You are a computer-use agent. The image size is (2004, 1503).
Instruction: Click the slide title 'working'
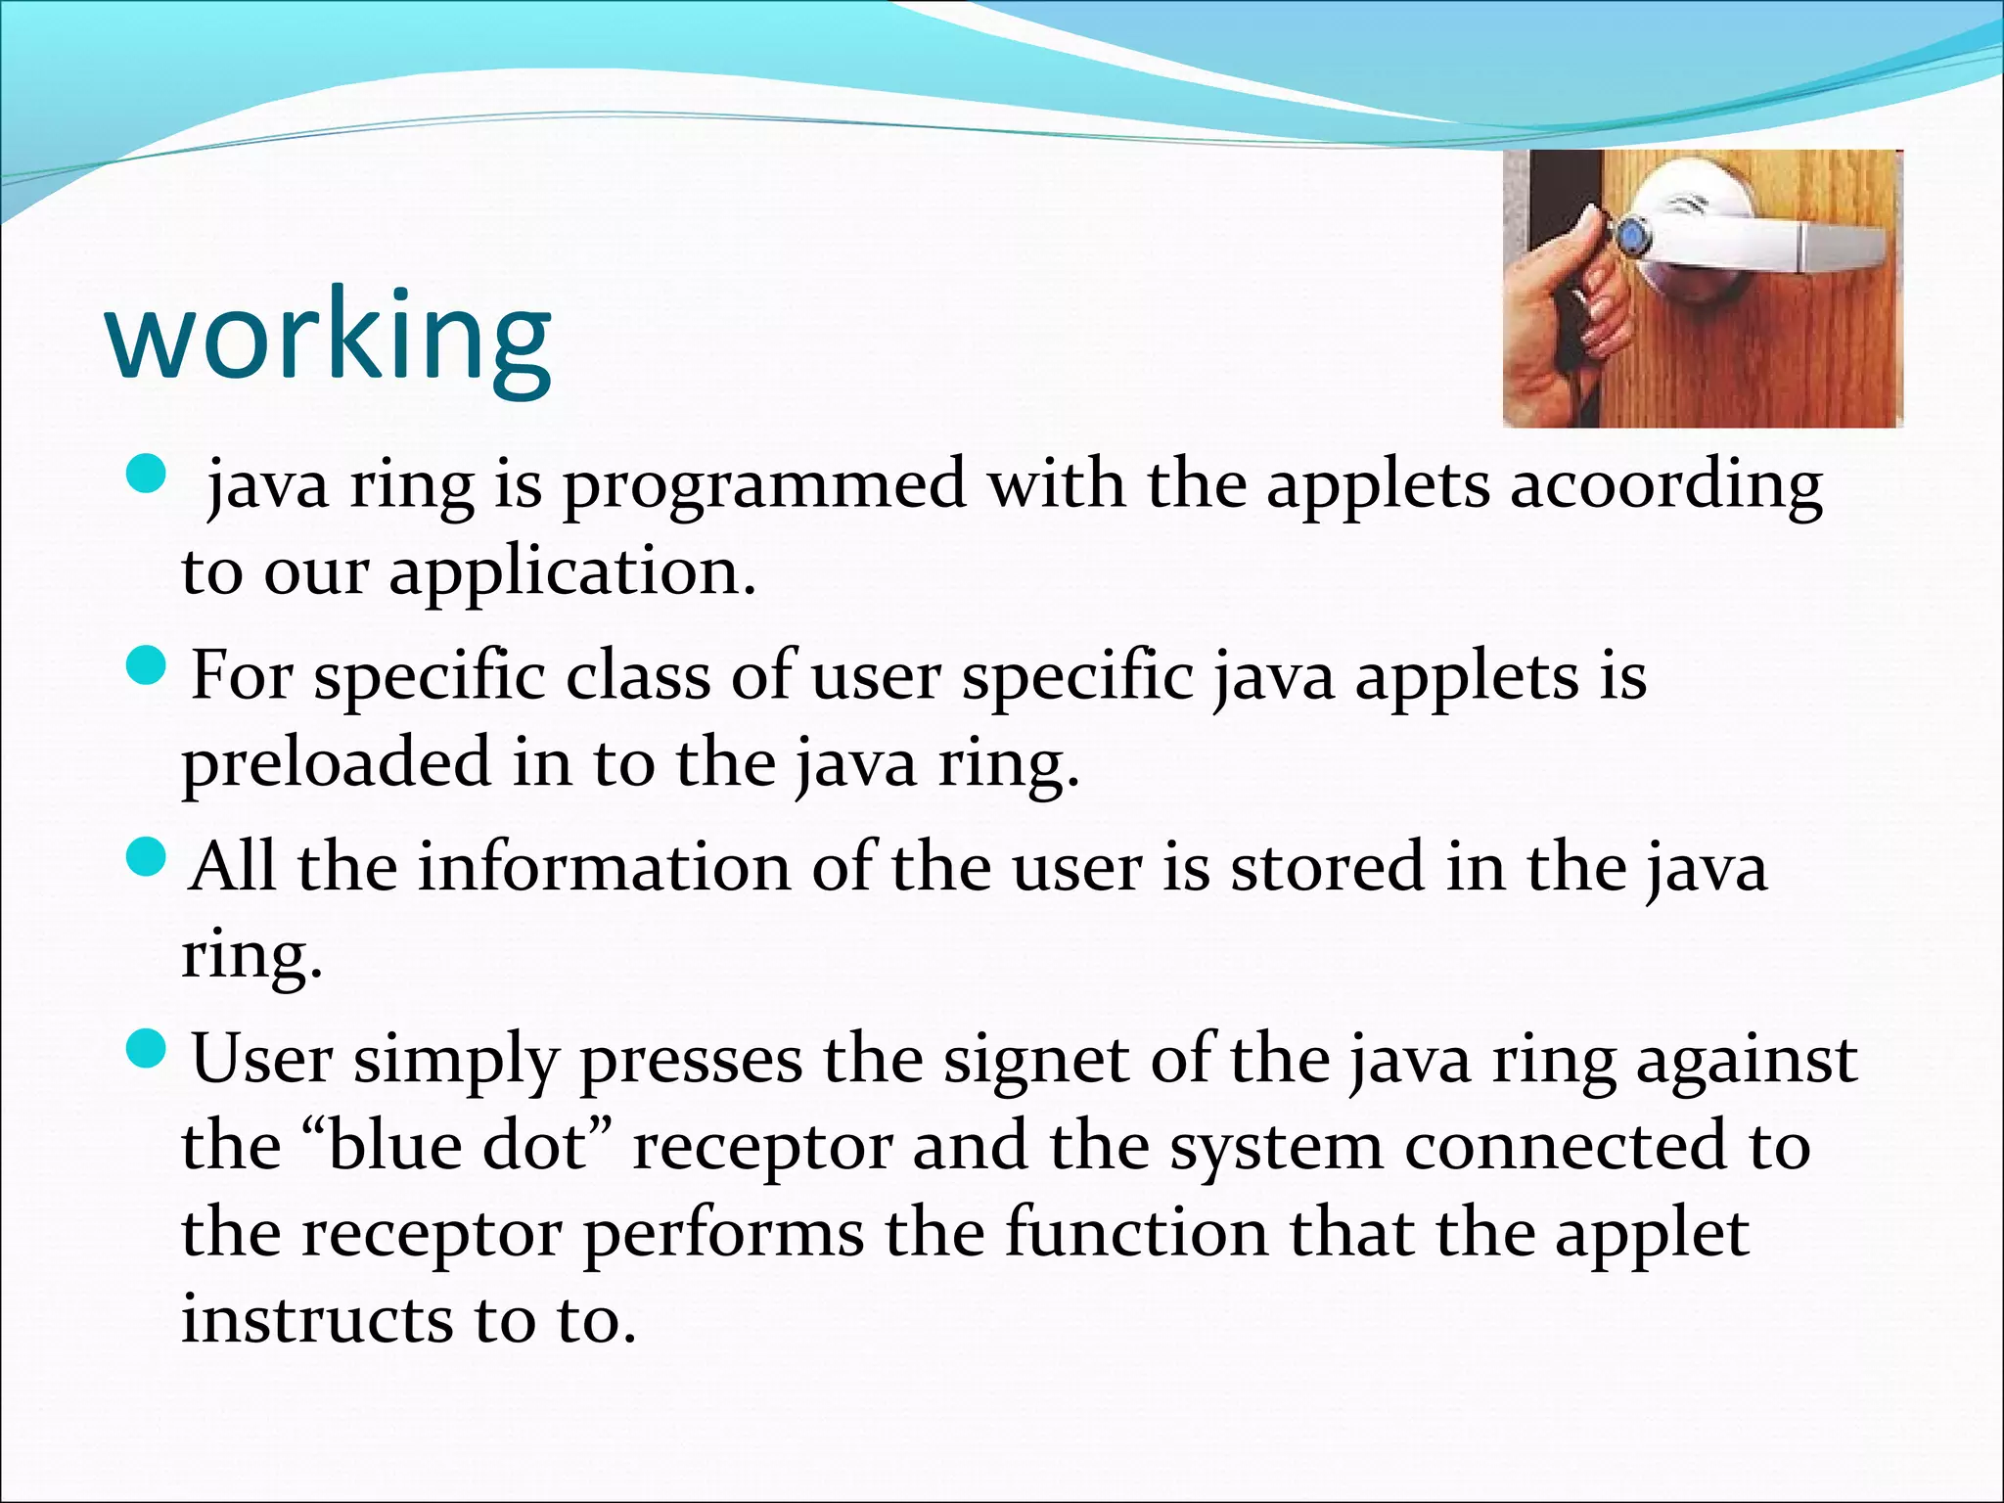(x=329, y=338)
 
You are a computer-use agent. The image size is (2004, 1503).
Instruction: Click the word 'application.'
(x=572, y=572)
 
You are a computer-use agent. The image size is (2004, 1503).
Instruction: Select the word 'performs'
(x=724, y=1234)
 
